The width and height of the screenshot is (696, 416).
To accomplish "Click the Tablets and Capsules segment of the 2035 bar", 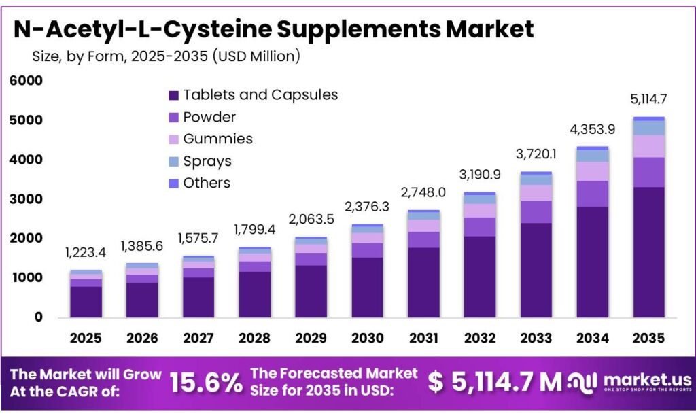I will pyautogui.click(x=648, y=252).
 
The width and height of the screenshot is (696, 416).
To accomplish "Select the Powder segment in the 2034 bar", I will pyautogui.click(x=593, y=194).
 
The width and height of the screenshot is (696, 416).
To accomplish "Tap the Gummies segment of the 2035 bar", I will pyautogui.click(x=648, y=146).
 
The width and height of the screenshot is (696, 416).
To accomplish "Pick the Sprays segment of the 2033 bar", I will pyautogui.click(x=536, y=180).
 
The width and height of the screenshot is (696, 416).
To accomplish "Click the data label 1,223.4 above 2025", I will pyautogui.click(x=86, y=253).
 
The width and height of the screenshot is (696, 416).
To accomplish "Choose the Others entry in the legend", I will pyautogui.click(x=206, y=183).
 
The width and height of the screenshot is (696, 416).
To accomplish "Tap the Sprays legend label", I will pyautogui.click(x=207, y=161).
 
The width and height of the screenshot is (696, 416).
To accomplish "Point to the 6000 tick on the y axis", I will pyautogui.click(x=26, y=81).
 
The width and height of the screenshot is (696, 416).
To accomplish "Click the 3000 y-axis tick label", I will pyautogui.click(x=26, y=199).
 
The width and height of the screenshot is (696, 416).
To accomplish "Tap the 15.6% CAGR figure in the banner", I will pyautogui.click(x=205, y=383).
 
